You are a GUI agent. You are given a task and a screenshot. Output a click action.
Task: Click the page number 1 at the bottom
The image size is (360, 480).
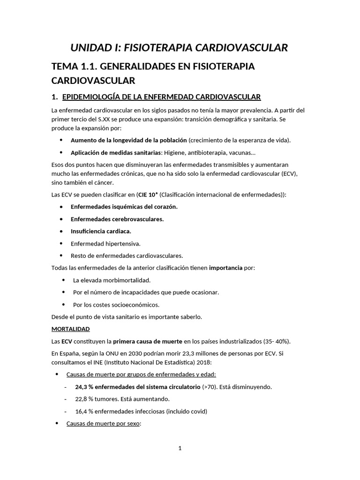[180, 448]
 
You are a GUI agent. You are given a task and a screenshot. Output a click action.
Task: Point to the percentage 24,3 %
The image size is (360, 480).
[85, 387]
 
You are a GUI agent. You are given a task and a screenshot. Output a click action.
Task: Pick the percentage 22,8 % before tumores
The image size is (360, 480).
[85, 399]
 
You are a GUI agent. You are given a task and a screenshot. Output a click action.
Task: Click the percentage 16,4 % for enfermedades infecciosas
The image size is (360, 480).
[85, 411]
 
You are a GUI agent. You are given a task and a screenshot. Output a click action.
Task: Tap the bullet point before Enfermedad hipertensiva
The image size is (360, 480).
[61, 243]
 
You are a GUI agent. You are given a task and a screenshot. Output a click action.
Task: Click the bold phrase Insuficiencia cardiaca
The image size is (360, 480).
[101, 231]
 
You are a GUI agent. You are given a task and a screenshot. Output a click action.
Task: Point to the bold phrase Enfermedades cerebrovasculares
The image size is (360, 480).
[117, 219]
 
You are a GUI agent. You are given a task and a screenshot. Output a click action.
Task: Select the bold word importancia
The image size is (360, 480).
[225, 268]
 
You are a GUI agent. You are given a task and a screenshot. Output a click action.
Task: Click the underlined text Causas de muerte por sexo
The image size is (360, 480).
[103, 423]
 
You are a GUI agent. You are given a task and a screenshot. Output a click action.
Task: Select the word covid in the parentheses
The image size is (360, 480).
[197, 411]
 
